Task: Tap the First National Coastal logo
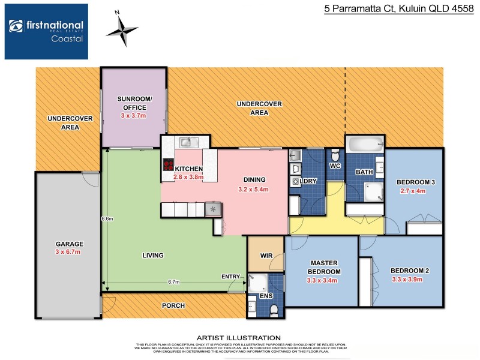tap(46, 31)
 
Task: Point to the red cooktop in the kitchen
tap(168, 165)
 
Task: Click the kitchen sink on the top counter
tap(186, 142)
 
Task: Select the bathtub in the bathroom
tap(364, 144)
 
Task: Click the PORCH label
tap(173, 305)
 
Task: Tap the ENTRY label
tap(231, 277)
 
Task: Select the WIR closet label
tap(266, 255)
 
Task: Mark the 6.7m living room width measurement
tap(174, 281)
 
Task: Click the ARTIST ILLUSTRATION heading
tap(239, 338)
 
